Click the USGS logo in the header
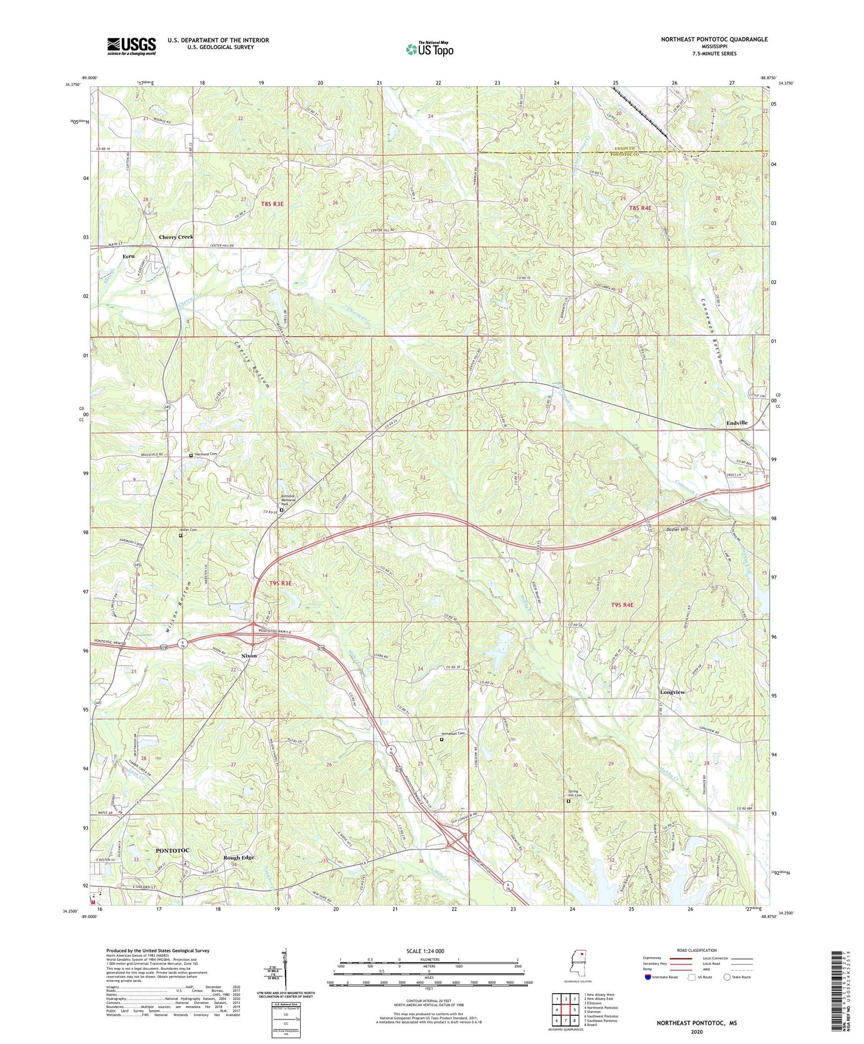pyautogui.click(x=131, y=45)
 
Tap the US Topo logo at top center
pyautogui.click(x=429, y=49)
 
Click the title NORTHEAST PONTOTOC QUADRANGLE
pyautogui.click(x=714, y=39)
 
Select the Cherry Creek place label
pyautogui.click(x=176, y=237)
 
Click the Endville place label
pyautogui.click(x=737, y=423)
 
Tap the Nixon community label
pyautogui.click(x=249, y=656)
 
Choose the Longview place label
pyautogui.click(x=672, y=692)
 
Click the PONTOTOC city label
pyautogui.click(x=172, y=850)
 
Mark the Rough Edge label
pyautogui.click(x=239, y=857)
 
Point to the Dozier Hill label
pyautogui.click(x=677, y=529)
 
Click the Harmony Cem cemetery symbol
pyautogui.click(x=191, y=455)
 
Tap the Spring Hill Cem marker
pyautogui.click(x=568, y=801)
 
